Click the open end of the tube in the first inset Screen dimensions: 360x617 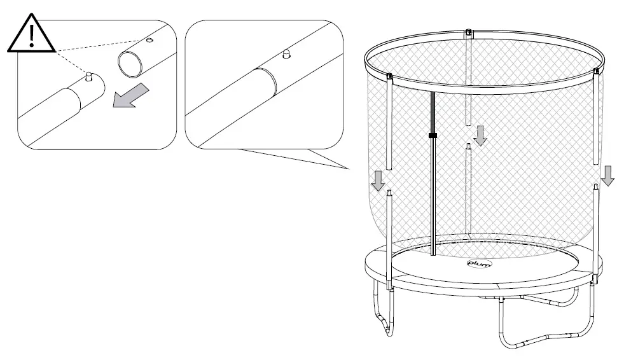[130, 64]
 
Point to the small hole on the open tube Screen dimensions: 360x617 [149, 40]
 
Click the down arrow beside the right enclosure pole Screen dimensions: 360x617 [607, 174]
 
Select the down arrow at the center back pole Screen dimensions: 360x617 [481, 135]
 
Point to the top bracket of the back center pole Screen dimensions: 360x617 [469, 32]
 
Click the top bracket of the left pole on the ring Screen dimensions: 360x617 [389, 79]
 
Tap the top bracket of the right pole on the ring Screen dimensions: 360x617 [597, 71]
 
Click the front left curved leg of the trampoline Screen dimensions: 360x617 [382, 315]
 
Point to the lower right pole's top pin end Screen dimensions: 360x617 [596, 188]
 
